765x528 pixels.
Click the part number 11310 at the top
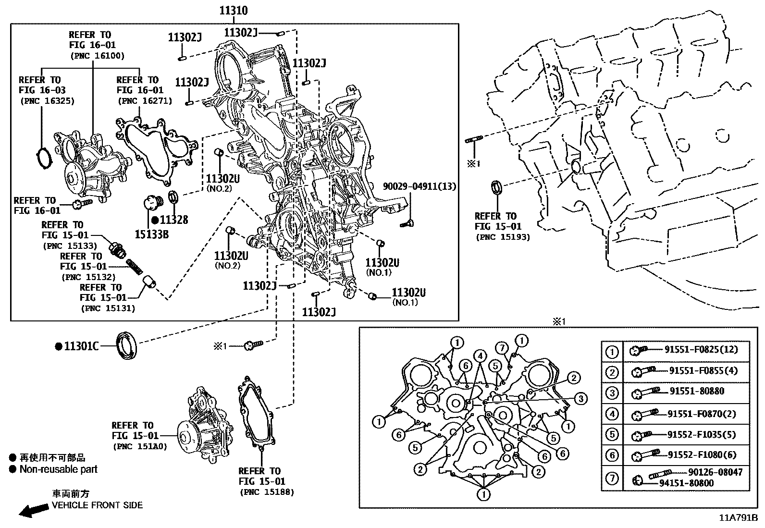coord(234,11)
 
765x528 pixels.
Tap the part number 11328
coord(174,220)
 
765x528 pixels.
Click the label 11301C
coord(81,346)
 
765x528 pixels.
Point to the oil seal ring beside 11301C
coord(127,344)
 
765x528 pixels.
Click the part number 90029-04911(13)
coord(420,186)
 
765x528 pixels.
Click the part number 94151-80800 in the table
coord(686,483)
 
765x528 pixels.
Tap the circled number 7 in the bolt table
coord(612,478)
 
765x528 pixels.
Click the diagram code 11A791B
coord(738,518)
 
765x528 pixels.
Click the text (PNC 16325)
coord(47,101)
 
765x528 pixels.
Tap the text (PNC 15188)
coord(266,492)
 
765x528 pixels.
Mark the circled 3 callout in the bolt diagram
coord(580,398)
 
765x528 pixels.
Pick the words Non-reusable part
coord(58,469)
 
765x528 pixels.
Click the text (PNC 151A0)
coord(140,446)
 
